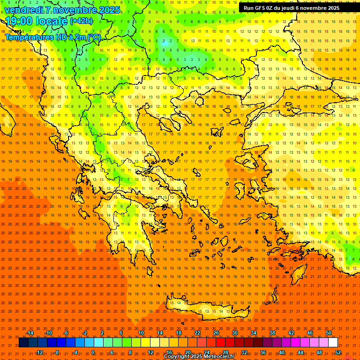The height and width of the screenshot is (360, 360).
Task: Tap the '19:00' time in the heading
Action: point(18,21)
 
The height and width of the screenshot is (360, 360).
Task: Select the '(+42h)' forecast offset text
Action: point(81,21)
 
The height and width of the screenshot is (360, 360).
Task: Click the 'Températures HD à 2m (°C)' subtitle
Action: point(52,37)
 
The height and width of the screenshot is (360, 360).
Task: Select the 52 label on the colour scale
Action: point(338,352)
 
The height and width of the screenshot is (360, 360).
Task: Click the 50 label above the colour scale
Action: point(329,333)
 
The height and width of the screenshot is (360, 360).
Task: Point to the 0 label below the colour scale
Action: point(92,352)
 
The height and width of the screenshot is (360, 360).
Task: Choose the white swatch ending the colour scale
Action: point(333,343)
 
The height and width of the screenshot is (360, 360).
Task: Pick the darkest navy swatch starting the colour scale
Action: point(24,343)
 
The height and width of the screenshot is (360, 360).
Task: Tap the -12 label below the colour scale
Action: point(39,352)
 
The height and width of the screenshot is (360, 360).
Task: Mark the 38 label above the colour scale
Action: point(272,333)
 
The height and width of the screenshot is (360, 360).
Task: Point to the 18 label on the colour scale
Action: point(179,333)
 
